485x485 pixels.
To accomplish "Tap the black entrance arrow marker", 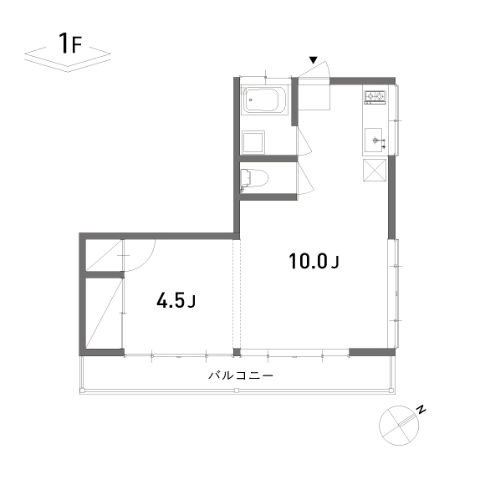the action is (314, 60).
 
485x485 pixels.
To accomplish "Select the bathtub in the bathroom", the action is (264, 100).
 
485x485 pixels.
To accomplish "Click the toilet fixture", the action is (254, 178).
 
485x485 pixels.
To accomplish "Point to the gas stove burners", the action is (375, 96).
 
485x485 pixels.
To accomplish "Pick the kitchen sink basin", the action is (373, 140).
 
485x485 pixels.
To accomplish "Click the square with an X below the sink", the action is (375, 170).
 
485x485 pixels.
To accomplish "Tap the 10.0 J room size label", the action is (314, 262).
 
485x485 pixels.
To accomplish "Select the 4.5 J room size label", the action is (176, 300).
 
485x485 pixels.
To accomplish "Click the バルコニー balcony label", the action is (241, 375).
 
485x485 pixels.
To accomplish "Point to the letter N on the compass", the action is (421, 410).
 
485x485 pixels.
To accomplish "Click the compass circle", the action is (399, 426).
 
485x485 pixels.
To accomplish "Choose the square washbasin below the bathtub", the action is (253, 142).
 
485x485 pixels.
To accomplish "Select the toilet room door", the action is (305, 178).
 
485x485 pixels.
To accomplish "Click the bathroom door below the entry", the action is (304, 141).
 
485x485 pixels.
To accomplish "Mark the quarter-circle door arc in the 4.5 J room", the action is (146, 263).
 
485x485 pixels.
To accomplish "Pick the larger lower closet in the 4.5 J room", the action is (105, 313).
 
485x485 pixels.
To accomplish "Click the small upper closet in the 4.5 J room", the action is (105, 255).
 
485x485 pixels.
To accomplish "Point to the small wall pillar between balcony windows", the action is (237, 352).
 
